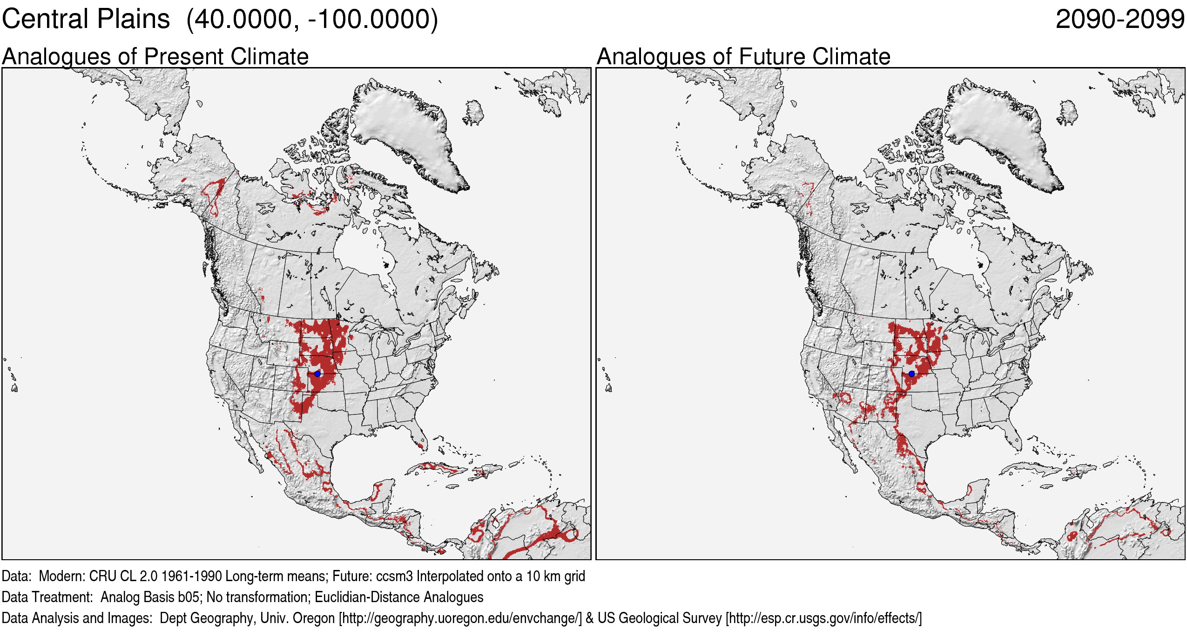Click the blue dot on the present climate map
(x=317, y=373)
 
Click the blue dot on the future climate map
(x=911, y=373)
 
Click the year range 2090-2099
(x=1120, y=20)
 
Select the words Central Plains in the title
(x=86, y=20)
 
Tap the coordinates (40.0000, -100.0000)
(x=312, y=20)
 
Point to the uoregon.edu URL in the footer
(x=461, y=618)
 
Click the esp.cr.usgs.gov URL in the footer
(x=823, y=618)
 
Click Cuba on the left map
(x=438, y=467)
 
